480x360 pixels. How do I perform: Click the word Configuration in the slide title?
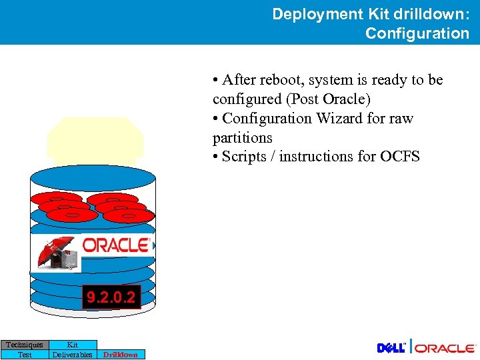(417, 33)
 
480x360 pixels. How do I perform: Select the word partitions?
(242, 138)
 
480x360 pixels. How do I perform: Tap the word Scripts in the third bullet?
(244, 157)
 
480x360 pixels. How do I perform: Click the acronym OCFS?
(400, 157)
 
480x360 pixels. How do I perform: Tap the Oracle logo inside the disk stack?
(115, 245)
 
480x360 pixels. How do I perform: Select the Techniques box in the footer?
(25, 345)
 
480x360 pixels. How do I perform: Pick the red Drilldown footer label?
(120, 355)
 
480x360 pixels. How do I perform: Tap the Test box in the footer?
(25, 355)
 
